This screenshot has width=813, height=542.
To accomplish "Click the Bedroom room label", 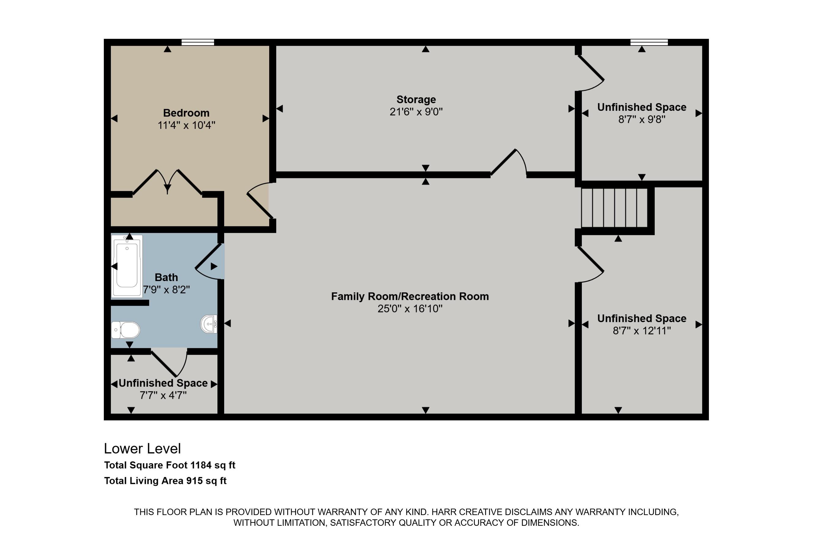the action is pyautogui.click(x=186, y=113).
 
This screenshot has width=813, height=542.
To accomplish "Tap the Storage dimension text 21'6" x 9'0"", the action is pyautogui.click(x=416, y=112).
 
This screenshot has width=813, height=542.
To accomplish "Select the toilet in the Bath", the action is pyautogui.click(x=126, y=330).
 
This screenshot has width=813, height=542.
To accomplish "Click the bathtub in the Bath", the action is pyautogui.click(x=127, y=266).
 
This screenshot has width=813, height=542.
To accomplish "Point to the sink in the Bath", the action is pyautogui.click(x=209, y=324).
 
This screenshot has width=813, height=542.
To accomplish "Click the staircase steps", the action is pyautogui.click(x=614, y=207).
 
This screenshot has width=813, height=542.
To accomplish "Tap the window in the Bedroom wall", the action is pyautogui.click(x=198, y=42).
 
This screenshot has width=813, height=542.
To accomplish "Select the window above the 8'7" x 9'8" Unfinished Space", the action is pyautogui.click(x=649, y=42).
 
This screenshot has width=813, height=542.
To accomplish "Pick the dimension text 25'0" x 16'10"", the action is pyautogui.click(x=410, y=309).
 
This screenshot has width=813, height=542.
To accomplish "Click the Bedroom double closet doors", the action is pyautogui.click(x=167, y=183).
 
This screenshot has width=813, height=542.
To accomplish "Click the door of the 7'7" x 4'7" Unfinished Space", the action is pyautogui.click(x=169, y=364).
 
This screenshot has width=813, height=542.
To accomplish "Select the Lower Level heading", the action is pyautogui.click(x=142, y=449).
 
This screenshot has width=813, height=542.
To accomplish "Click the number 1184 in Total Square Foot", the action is pyautogui.click(x=201, y=465).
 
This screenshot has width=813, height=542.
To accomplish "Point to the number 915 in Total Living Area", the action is pyautogui.click(x=194, y=481).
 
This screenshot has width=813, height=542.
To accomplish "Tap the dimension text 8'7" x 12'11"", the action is pyautogui.click(x=642, y=331).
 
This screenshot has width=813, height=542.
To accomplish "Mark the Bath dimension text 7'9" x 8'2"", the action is pyautogui.click(x=166, y=290).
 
